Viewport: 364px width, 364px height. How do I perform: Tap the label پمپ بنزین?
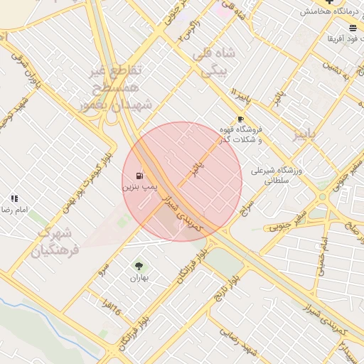[x=138, y=186]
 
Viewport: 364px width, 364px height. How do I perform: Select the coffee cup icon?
[x=240, y=119]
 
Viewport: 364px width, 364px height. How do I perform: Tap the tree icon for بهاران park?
[x=139, y=266]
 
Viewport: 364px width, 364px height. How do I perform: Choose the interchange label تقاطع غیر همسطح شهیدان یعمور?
[x=114, y=87]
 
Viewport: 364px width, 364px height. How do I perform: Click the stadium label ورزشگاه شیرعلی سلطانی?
[x=277, y=176]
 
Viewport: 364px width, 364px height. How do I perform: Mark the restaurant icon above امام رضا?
[x=14, y=199]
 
